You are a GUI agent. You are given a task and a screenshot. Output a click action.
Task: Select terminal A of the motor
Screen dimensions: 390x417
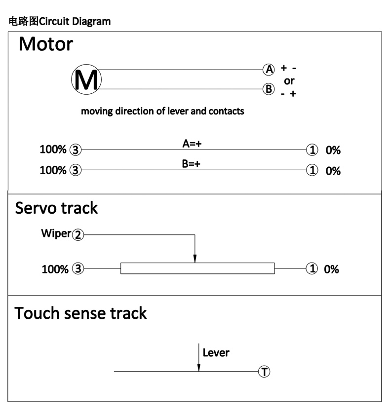[x=269, y=70]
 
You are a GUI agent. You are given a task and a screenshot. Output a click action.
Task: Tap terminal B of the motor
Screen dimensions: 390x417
[x=269, y=89]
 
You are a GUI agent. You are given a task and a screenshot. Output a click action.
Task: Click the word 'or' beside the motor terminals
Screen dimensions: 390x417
[x=289, y=81]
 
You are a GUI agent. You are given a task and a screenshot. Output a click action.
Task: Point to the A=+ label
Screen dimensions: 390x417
[x=192, y=144]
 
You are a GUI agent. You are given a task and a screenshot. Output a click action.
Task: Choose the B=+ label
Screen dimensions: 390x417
[x=191, y=164]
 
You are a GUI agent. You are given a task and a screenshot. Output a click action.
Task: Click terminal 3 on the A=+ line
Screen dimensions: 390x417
[x=76, y=150]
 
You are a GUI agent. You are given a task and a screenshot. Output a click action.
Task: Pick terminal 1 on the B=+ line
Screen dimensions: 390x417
[x=312, y=170]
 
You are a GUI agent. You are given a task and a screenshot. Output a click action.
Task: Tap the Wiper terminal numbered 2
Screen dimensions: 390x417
[x=78, y=235]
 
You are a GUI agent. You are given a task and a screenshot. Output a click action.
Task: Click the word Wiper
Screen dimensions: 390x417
[x=56, y=233]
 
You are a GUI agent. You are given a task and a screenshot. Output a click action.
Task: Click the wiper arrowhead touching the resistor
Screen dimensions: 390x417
[x=195, y=259]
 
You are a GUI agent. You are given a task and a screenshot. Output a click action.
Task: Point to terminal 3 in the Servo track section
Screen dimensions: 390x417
[x=78, y=268]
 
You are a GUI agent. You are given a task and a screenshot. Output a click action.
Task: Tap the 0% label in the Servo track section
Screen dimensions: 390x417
[x=331, y=269]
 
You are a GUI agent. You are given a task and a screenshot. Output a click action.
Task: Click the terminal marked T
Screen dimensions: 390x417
[x=264, y=372]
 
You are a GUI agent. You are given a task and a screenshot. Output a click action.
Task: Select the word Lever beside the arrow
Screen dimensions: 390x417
[x=216, y=353]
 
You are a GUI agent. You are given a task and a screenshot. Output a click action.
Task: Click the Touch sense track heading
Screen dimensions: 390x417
[x=80, y=313]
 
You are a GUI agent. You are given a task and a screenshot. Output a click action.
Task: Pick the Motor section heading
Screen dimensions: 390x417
[x=46, y=44]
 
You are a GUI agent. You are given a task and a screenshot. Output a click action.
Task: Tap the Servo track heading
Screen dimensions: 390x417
[x=56, y=208]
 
